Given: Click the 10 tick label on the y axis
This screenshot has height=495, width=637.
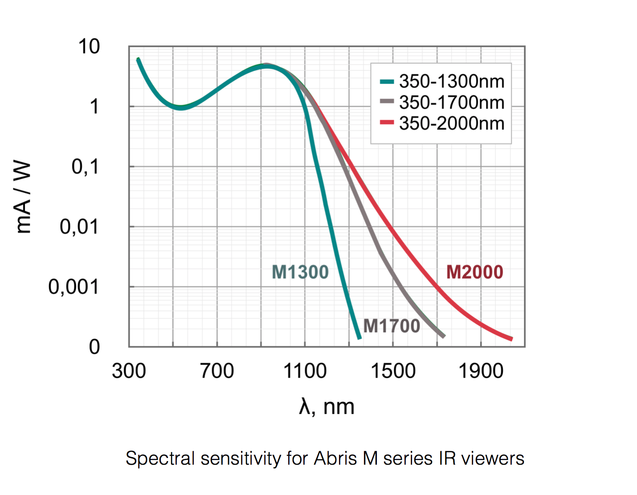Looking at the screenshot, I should pyautogui.click(x=89, y=47).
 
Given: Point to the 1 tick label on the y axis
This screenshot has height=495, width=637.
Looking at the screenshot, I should pyautogui.click(x=94, y=107).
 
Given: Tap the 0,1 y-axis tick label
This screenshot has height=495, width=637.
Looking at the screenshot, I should pyautogui.click(x=85, y=167).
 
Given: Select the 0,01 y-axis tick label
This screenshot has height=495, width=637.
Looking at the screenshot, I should pyautogui.click(x=79, y=227).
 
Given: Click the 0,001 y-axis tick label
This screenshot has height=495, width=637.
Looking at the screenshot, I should pyautogui.click(x=73, y=287).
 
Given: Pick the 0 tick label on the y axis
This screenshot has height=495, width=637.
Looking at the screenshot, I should pyautogui.click(x=94, y=347).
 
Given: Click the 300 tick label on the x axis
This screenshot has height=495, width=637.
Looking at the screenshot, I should pyautogui.click(x=129, y=371).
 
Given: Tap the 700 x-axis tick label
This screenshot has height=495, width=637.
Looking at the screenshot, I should pyautogui.click(x=217, y=371).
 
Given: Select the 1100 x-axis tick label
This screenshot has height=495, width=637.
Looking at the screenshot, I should pyautogui.click(x=305, y=371).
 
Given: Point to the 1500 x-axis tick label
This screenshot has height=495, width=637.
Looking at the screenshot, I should pyautogui.click(x=393, y=371).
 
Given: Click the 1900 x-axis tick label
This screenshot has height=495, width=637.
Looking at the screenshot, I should pyautogui.click(x=481, y=371).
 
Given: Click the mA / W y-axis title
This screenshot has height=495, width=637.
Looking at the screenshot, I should pyautogui.click(x=23, y=197).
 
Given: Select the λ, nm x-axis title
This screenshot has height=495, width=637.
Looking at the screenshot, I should pyautogui.click(x=327, y=407).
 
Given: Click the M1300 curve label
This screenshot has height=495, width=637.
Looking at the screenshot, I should pyautogui.click(x=300, y=272).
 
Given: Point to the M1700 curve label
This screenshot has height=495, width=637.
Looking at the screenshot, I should pyautogui.click(x=392, y=326).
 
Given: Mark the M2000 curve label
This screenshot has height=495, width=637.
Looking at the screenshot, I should pyautogui.click(x=474, y=272).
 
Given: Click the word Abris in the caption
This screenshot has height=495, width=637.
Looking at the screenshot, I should pyautogui.click(x=335, y=458).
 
